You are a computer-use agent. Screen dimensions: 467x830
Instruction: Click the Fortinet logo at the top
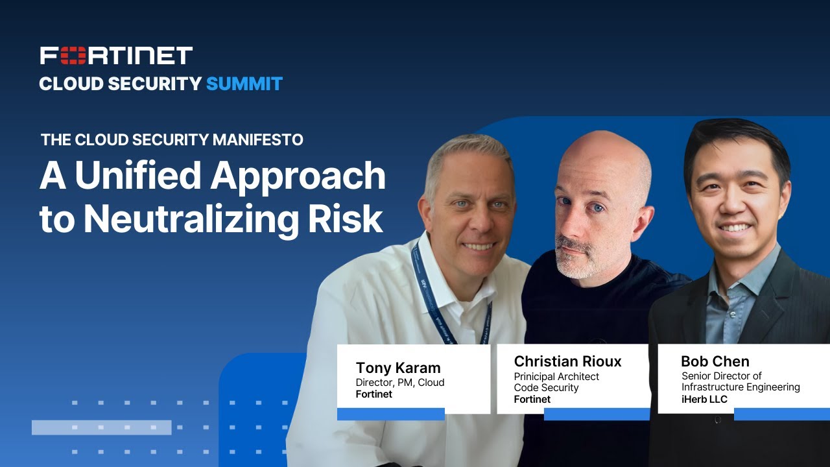(x=116, y=56)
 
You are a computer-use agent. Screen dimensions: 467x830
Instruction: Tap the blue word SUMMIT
(x=244, y=84)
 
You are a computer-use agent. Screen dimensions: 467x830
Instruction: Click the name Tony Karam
(x=399, y=368)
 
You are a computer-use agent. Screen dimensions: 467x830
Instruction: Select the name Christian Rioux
(x=567, y=361)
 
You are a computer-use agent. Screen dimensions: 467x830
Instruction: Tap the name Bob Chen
(x=715, y=361)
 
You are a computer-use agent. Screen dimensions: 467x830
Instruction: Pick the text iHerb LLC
(x=704, y=399)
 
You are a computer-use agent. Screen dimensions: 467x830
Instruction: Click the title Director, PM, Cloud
(x=400, y=382)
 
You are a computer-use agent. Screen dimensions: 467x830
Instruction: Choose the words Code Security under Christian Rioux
(x=546, y=388)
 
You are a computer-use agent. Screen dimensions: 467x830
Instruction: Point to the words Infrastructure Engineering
(x=741, y=387)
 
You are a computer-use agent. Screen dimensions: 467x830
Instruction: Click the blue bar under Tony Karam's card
(x=390, y=414)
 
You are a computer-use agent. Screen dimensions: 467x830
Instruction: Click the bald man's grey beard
(x=575, y=259)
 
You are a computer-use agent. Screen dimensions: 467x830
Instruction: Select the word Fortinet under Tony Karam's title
(x=374, y=394)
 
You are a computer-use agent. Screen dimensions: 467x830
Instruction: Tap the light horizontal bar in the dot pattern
(x=101, y=427)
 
